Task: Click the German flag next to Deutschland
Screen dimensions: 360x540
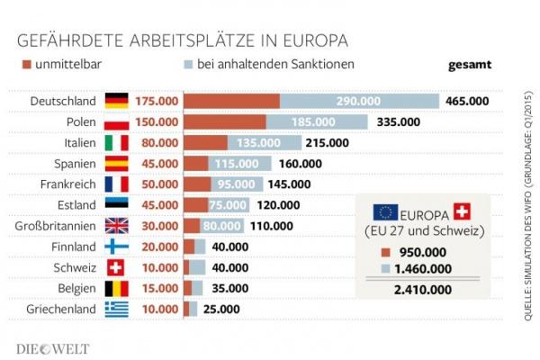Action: point(117,101)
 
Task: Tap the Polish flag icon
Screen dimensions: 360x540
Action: point(117,121)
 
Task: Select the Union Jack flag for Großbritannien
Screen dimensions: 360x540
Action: point(117,226)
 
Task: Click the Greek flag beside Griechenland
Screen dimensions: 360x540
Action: point(117,310)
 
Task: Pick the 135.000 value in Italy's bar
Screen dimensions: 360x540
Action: point(253,142)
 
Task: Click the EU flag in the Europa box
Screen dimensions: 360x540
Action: point(385,212)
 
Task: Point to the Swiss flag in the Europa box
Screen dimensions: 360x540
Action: point(463,212)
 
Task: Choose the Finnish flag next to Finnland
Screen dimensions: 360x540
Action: point(117,247)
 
